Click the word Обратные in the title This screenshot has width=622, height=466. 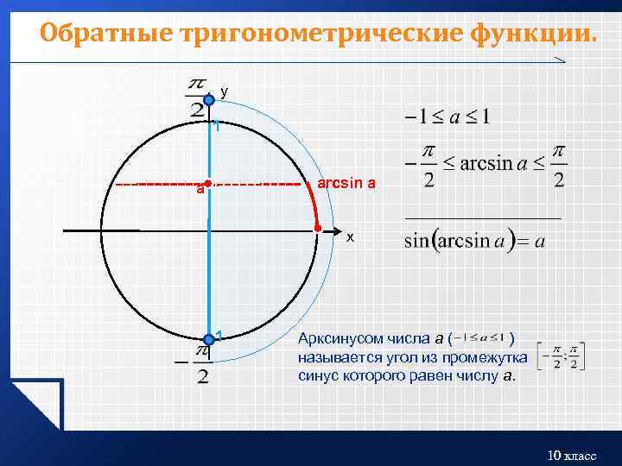point(107,35)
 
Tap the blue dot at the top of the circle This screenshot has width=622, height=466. point(209,101)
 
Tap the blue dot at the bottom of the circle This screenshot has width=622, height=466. point(209,339)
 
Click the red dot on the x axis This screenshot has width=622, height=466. point(318,230)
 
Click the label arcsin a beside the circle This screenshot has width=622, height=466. point(346,184)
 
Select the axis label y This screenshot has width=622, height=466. point(225,91)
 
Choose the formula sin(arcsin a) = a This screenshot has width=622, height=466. point(474,241)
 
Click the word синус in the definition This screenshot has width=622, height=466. point(318,375)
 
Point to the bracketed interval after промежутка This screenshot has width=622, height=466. point(560,356)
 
